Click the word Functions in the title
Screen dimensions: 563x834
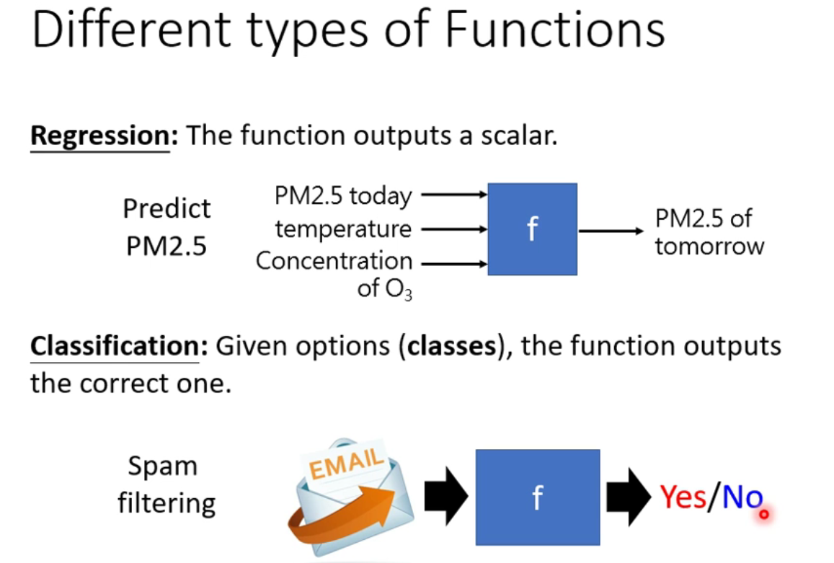(x=554, y=30)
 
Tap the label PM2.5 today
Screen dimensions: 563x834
(x=343, y=195)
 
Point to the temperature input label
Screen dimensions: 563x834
(x=343, y=229)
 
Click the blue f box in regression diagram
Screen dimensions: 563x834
(x=532, y=229)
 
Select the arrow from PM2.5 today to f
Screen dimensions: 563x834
(x=453, y=194)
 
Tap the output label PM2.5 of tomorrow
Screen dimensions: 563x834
(x=709, y=232)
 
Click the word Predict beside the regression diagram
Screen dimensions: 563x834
(x=167, y=209)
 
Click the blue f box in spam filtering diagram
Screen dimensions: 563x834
(x=537, y=497)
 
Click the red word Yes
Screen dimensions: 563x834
(x=683, y=497)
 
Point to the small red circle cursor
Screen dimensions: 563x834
(x=764, y=514)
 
